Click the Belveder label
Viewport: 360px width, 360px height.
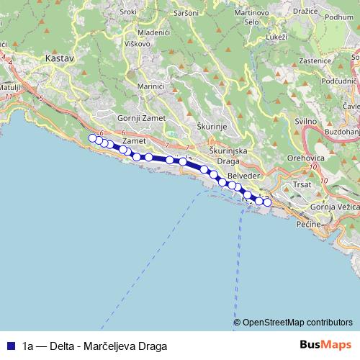[241, 176]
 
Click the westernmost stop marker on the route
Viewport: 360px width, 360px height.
[92, 139]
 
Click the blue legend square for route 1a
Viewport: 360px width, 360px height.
[11, 345]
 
